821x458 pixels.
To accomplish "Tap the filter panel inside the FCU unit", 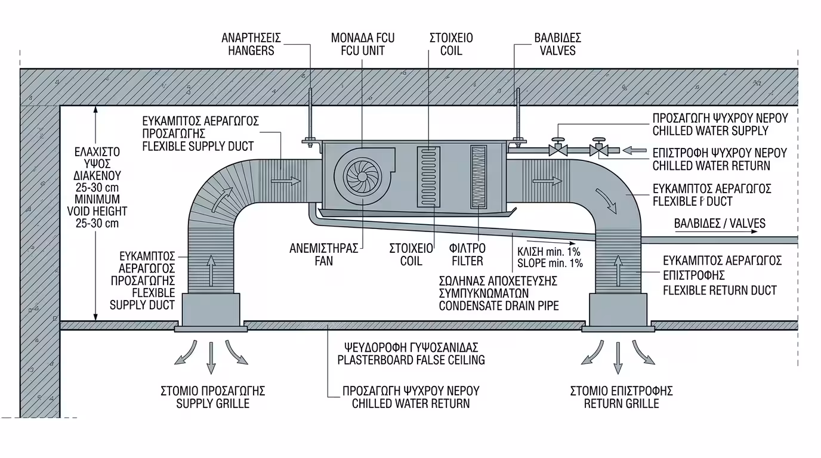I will (x=479, y=177).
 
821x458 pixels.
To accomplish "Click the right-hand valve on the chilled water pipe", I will (x=598, y=149).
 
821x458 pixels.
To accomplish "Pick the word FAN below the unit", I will (x=325, y=261).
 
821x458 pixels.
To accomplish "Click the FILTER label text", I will (x=467, y=261).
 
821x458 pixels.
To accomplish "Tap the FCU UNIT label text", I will (x=362, y=51).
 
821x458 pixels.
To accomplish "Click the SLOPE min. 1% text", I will (x=550, y=262).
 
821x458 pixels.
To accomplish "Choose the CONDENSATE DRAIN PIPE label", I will (x=498, y=306).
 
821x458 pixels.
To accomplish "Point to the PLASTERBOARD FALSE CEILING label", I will (x=410, y=360).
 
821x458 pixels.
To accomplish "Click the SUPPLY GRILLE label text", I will (x=212, y=404).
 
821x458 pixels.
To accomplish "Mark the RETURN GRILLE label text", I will (x=621, y=404).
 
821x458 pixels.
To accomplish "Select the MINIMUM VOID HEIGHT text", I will (x=97, y=211).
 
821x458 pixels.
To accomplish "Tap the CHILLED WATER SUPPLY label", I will (x=710, y=131).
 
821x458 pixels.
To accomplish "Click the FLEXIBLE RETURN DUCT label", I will (x=720, y=290).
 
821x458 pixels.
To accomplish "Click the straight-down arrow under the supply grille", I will (x=211, y=357).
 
